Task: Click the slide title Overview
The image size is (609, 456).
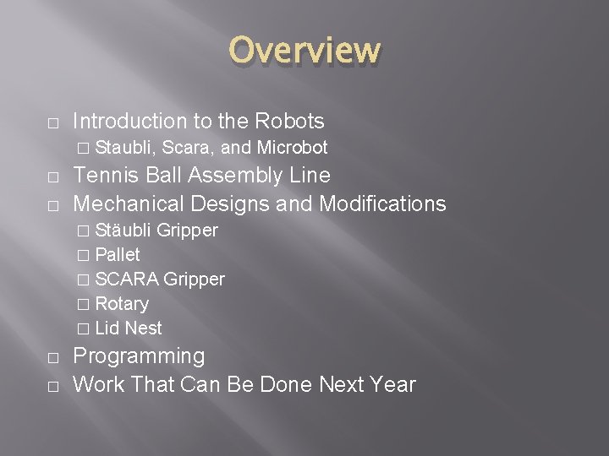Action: [304, 50]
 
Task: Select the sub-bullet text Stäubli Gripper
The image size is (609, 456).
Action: [156, 231]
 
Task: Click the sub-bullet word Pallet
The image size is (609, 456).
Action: [118, 254]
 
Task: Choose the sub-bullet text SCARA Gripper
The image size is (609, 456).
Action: [160, 279]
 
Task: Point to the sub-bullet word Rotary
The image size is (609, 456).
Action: [122, 303]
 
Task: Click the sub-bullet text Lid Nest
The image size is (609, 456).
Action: [129, 328]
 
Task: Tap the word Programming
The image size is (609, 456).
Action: [138, 356]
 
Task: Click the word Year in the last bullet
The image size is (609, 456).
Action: [392, 384]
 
